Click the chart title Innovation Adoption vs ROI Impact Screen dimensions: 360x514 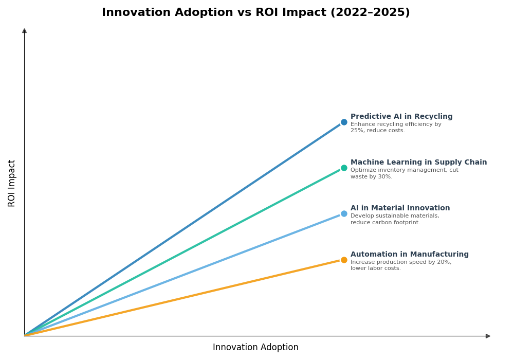click(x=255, y=13)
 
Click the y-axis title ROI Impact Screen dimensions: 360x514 click(x=12, y=183)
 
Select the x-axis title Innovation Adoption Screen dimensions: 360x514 click(x=255, y=348)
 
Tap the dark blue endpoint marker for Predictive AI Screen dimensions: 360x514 click(x=344, y=122)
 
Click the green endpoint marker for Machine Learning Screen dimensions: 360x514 click(x=344, y=168)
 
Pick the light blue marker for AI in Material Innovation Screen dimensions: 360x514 click(x=344, y=214)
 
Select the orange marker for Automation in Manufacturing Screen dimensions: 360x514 click(x=344, y=260)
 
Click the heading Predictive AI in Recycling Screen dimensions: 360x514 click(x=401, y=117)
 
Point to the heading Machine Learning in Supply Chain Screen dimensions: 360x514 click(x=418, y=163)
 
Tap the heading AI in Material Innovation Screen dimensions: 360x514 click(x=400, y=208)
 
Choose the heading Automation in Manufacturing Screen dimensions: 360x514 click(x=410, y=255)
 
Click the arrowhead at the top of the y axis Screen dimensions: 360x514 click(x=24, y=31)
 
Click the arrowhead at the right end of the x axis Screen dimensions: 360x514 click(x=488, y=336)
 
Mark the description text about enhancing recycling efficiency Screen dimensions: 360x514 click(x=396, y=128)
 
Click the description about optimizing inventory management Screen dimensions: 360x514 click(x=404, y=173)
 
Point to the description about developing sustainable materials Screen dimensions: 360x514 click(x=395, y=219)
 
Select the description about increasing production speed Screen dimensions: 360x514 click(x=401, y=265)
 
